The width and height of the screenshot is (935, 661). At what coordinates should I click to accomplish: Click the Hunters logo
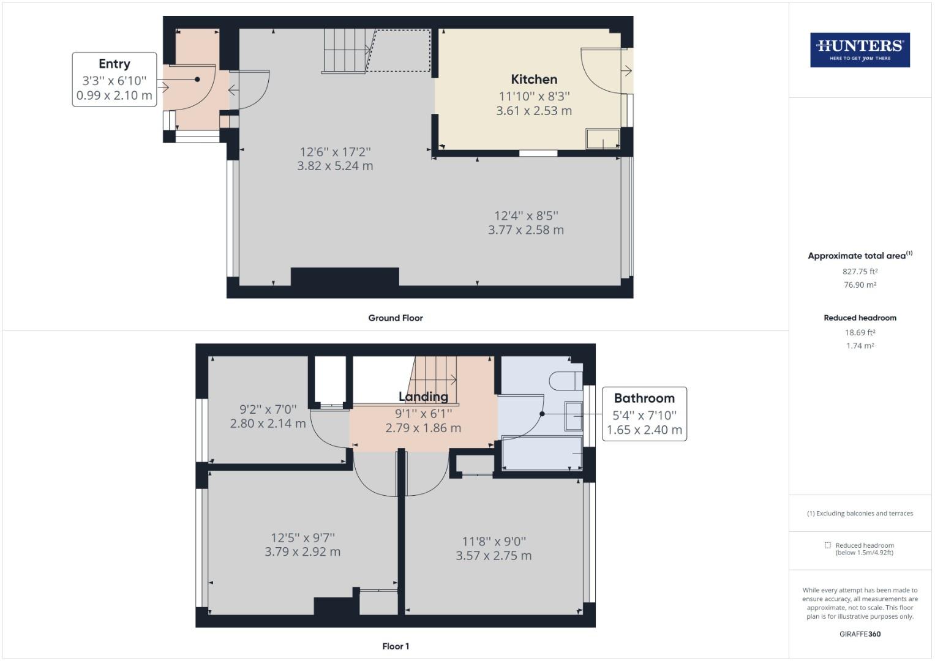click(860, 50)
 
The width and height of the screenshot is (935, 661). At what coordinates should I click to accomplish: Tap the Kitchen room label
click(534, 79)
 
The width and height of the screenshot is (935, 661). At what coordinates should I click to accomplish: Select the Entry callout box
click(115, 80)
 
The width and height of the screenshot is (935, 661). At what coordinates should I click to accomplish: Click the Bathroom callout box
click(644, 414)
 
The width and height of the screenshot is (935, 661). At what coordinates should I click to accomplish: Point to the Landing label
click(423, 397)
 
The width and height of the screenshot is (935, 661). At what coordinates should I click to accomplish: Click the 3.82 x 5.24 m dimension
click(335, 166)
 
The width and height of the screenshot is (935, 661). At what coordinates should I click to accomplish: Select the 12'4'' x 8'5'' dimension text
click(526, 215)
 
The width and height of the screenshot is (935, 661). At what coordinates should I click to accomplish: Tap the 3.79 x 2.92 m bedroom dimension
click(302, 551)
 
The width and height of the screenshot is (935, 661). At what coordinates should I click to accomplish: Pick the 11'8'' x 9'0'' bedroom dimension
click(494, 541)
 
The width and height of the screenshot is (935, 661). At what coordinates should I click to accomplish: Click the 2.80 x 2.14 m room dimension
click(268, 423)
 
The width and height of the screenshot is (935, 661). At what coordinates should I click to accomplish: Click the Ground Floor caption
click(396, 318)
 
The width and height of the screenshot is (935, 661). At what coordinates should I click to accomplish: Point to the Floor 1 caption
click(396, 646)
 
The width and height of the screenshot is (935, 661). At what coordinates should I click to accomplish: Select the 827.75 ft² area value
click(860, 271)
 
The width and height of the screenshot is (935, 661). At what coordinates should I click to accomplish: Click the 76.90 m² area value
click(860, 285)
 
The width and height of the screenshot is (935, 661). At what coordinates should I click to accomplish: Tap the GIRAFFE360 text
click(860, 634)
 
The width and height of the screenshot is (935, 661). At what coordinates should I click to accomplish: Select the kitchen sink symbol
click(603, 139)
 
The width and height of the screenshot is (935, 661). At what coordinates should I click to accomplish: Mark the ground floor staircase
click(347, 50)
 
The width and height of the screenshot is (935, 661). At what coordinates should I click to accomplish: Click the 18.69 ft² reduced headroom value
click(860, 332)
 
